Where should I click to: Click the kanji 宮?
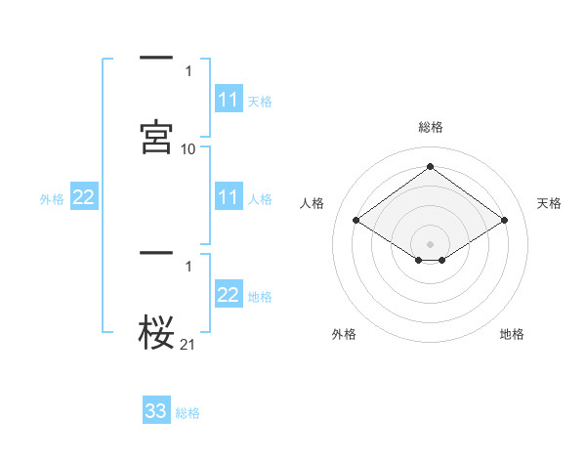coord(156,137)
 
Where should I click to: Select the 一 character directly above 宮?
coord(156,60)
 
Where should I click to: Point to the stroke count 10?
coord(188,148)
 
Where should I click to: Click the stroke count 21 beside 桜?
coord(188,343)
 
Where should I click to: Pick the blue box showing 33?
coord(156,411)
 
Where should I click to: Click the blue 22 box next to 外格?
coord(84,197)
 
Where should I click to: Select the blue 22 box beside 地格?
coord(229,295)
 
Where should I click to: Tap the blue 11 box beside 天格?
coord(229,100)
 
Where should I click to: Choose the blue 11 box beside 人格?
coord(229,197)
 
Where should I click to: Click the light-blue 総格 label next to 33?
coord(188,412)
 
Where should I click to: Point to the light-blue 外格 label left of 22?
coord(52,198)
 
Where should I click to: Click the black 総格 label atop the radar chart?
coord(430,127)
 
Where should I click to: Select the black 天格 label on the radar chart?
coord(549,203)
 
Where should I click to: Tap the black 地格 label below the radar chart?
coord(512,334)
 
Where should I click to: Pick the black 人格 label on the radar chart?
coord(312,203)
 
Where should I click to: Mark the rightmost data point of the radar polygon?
coord(504,220)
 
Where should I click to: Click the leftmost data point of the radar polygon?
coord(356,220)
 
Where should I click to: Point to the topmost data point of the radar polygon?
coord(430,166)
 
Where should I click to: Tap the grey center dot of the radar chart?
coord(430,243)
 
